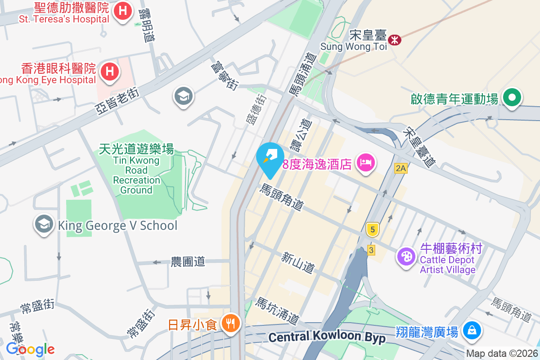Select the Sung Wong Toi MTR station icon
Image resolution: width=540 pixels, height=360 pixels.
pos(395,40)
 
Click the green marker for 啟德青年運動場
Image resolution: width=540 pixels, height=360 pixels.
pos(512,98)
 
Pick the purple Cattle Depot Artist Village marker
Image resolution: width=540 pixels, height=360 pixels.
pos(406,257)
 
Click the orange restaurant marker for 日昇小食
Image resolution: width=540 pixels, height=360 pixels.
pos(231,323)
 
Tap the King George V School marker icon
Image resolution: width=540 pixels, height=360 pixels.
pos(44,224)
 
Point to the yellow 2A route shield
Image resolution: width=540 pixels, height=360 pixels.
pos(400,169)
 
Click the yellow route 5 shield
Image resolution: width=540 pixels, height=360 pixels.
pos(372,229)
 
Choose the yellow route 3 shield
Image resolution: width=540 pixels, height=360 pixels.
pos(371,250)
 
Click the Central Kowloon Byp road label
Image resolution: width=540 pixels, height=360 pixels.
pos(327,337)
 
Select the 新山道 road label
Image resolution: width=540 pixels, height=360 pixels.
pos(298,263)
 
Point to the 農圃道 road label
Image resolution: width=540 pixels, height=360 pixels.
pos(188,261)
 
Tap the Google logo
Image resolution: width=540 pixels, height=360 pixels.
pos(31,349)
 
